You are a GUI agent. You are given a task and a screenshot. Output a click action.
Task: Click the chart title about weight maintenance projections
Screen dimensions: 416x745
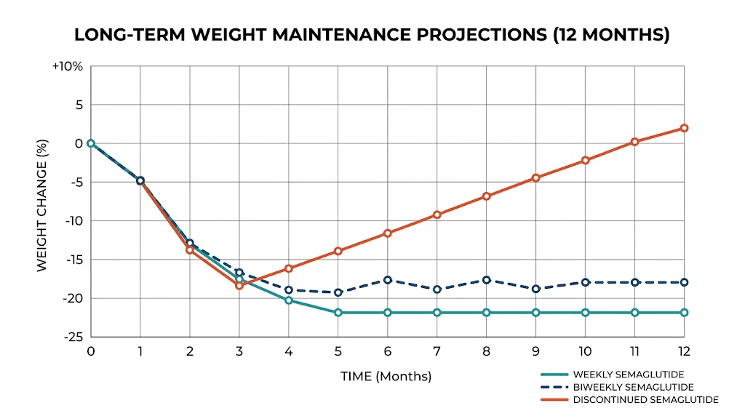[372, 35]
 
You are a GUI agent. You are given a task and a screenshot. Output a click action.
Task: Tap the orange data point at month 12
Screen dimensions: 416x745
[684, 128]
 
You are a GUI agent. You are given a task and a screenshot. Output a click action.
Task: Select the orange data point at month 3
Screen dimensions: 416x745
[239, 285]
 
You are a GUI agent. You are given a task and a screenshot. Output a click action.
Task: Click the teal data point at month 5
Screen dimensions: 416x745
[338, 313]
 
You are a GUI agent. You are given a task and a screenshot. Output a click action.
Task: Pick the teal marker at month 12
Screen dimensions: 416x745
[684, 313]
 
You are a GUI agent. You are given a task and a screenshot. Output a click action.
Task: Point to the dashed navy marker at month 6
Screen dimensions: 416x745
[387, 280]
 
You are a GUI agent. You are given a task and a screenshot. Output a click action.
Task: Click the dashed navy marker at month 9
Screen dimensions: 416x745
[535, 289]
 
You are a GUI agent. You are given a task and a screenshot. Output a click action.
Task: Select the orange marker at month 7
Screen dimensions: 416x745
[437, 215]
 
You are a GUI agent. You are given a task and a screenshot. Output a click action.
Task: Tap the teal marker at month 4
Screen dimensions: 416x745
[288, 300]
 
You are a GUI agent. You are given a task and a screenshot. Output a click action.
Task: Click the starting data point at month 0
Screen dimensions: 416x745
[90, 143]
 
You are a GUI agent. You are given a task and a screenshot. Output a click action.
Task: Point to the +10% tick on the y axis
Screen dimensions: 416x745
[67, 66]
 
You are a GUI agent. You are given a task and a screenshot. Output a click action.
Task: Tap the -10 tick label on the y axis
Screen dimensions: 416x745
[73, 221]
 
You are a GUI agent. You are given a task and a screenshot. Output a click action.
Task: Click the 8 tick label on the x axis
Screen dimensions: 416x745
[486, 351]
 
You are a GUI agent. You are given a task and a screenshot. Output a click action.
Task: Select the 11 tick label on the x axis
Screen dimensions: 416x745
[634, 351]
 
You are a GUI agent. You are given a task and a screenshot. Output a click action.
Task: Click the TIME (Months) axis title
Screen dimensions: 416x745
[386, 377]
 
